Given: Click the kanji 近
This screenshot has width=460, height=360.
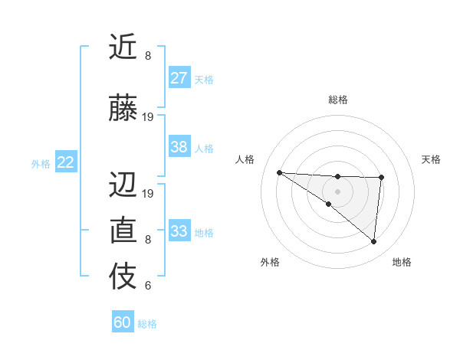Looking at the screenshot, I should [123, 47].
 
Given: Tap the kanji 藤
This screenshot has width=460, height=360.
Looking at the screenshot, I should [123, 108].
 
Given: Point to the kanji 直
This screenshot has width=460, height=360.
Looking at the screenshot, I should [123, 231].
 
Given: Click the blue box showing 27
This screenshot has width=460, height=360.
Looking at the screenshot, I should [179, 78].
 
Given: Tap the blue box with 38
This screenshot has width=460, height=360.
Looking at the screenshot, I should [179, 147].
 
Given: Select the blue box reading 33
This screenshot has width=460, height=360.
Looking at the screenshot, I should [179, 231].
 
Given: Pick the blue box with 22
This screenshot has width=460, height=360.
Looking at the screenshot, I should [66, 162].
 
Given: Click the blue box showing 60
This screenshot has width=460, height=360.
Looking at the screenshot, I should [123, 322].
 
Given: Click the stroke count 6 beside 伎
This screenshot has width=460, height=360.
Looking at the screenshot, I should [148, 286].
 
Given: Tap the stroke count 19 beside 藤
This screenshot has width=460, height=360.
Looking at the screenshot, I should [148, 117].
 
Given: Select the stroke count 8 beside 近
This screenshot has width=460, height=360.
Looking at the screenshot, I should [148, 56].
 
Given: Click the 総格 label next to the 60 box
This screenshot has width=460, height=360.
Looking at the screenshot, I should [147, 324].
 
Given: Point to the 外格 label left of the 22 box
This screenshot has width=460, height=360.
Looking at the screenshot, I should [40, 163].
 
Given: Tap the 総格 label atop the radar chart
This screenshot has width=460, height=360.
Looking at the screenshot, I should [337, 100].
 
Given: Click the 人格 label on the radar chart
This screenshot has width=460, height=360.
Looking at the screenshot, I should [245, 159].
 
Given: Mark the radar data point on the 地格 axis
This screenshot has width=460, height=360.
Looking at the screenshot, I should [373, 242].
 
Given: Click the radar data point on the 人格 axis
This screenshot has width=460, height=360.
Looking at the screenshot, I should [279, 172].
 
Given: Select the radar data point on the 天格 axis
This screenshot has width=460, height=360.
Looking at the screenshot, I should [381, 178].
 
